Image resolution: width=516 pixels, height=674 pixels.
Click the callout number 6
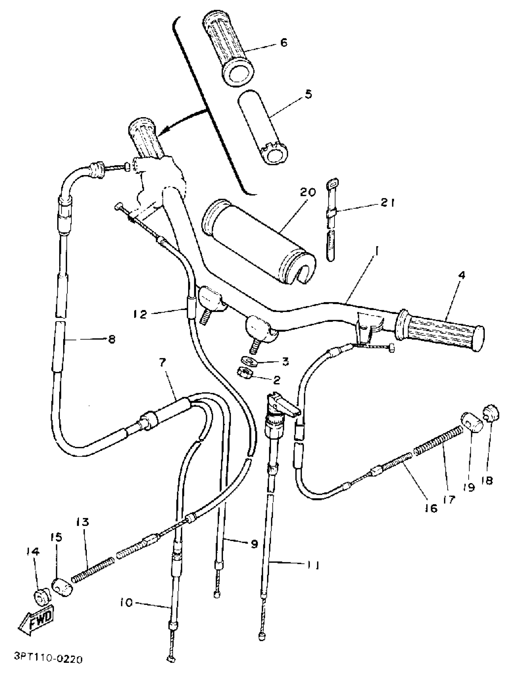(284, 43)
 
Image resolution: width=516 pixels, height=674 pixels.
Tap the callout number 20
(307, 192)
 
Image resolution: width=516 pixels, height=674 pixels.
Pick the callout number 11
(313, 565)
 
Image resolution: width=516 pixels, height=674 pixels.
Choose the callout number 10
(126, 603)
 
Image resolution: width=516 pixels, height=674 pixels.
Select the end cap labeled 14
(40, 598)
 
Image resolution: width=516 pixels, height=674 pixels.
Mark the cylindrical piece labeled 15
(63, 587)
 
